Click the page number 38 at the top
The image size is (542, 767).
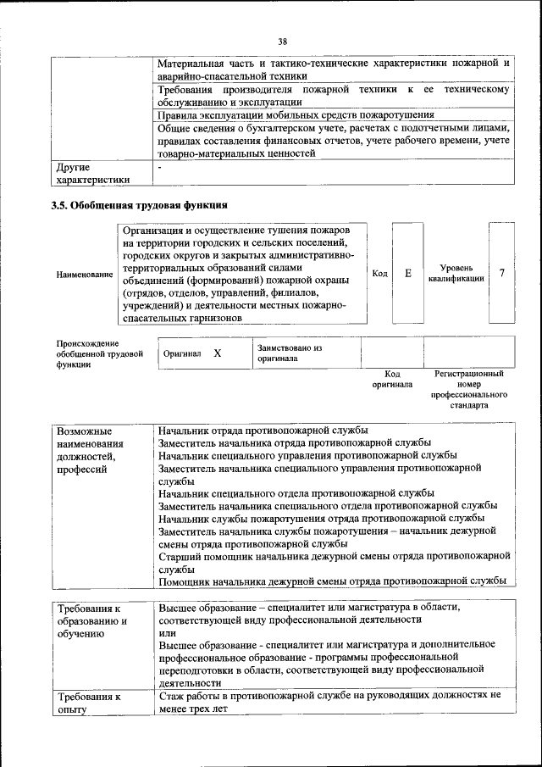pos(282,40)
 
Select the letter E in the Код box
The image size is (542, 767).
pos(407,273)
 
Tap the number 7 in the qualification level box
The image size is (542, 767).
pos(502,273)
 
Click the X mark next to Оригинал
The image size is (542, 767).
pos(217,353)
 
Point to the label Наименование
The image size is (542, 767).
pos(84,275)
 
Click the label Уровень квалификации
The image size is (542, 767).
pos(456,273)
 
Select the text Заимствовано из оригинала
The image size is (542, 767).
pos(290,353)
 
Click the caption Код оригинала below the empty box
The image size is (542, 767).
pos(392,379)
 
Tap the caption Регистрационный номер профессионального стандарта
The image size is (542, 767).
pos(468,389)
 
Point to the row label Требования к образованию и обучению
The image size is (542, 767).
pos(92,621)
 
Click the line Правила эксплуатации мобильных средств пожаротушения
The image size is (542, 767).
pos(296,115)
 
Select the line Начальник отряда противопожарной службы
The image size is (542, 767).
pos(263,431)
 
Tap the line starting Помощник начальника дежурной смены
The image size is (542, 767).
pos(332,581)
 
